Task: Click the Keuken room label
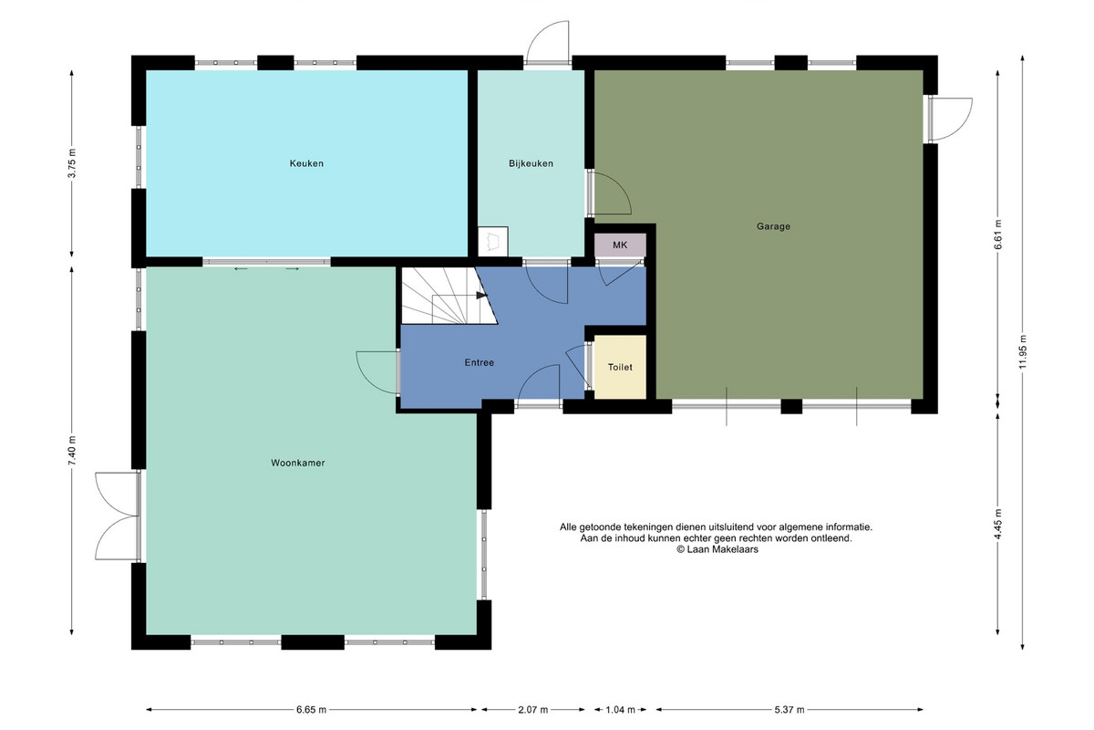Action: point(306,163)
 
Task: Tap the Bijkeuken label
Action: point(531,163)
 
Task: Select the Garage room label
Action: point(773,226)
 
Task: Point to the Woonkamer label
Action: point(298,463)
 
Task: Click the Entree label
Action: point(480,362)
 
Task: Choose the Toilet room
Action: point(620,367)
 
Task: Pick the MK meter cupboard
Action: point(620,245)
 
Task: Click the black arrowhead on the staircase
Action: point(482,296)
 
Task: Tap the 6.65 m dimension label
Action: point(311,709)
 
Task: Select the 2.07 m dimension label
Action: point(532,709)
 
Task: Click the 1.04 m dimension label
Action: point(620,709)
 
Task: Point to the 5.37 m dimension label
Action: point(789,709)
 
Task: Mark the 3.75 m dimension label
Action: point(72,163)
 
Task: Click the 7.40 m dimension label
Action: point(72,451)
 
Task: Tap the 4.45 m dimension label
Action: point(997,524)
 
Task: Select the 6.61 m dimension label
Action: point(997,235)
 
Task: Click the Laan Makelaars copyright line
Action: point(717,549)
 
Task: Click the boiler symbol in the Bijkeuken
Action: point(493,241)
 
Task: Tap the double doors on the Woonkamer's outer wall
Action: point(118,516)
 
